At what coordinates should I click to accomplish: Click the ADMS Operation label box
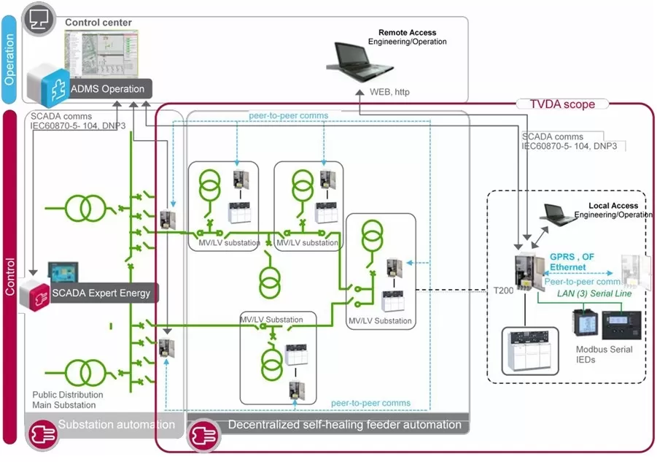click(107, 89)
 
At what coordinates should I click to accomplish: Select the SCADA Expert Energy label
click(101, 293)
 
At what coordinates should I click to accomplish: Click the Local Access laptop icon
click(559, 213)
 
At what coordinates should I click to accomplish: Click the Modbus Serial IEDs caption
click(604, 354)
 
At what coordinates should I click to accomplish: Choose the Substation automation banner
click(116, 424)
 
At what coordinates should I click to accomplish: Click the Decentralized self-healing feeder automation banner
click(344, 424)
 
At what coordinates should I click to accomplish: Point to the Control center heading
click(98, 23)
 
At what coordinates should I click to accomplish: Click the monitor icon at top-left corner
click(36, 15)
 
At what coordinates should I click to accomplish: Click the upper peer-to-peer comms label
click(288, 115)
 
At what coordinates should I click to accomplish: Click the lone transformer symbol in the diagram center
click(270, 279)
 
